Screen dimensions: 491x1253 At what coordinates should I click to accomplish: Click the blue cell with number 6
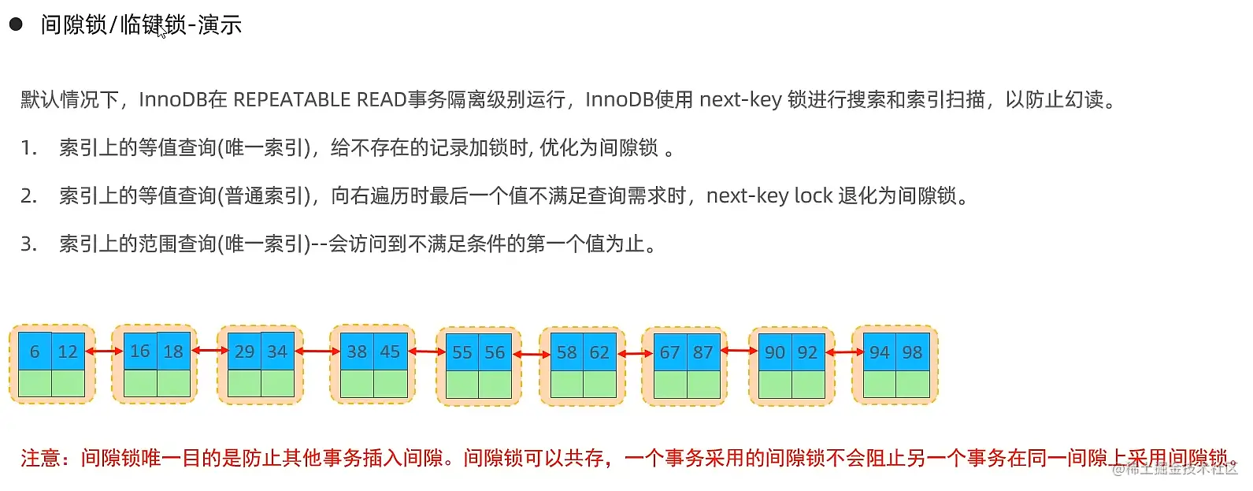(35, 352)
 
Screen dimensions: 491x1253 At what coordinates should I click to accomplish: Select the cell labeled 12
(68, 352)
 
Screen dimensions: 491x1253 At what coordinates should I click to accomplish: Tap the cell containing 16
(140, 351)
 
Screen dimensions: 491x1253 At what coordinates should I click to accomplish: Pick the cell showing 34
(277, 352)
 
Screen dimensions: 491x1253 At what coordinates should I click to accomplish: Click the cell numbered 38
(357, 352)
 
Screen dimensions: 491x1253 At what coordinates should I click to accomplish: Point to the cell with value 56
(495, 352)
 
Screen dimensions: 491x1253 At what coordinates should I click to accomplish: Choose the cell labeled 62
(599, 352)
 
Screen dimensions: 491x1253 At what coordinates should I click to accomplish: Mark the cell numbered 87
(702, 352)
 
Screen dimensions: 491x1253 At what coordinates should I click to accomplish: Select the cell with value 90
(775, 352)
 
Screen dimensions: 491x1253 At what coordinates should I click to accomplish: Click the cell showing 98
(912, 352)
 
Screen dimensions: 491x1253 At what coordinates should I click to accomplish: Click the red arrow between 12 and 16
(103, 351)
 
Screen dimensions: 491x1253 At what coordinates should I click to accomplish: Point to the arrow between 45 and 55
(427, 352)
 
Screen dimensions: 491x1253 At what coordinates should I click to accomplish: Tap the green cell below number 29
(244, 383)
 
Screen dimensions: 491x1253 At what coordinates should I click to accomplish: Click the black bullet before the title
(16, 24)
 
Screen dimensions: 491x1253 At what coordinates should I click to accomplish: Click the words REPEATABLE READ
(319, 99)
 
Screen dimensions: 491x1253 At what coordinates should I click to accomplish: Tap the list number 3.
(28, 244)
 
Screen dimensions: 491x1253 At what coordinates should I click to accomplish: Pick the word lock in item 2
(813, 195)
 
